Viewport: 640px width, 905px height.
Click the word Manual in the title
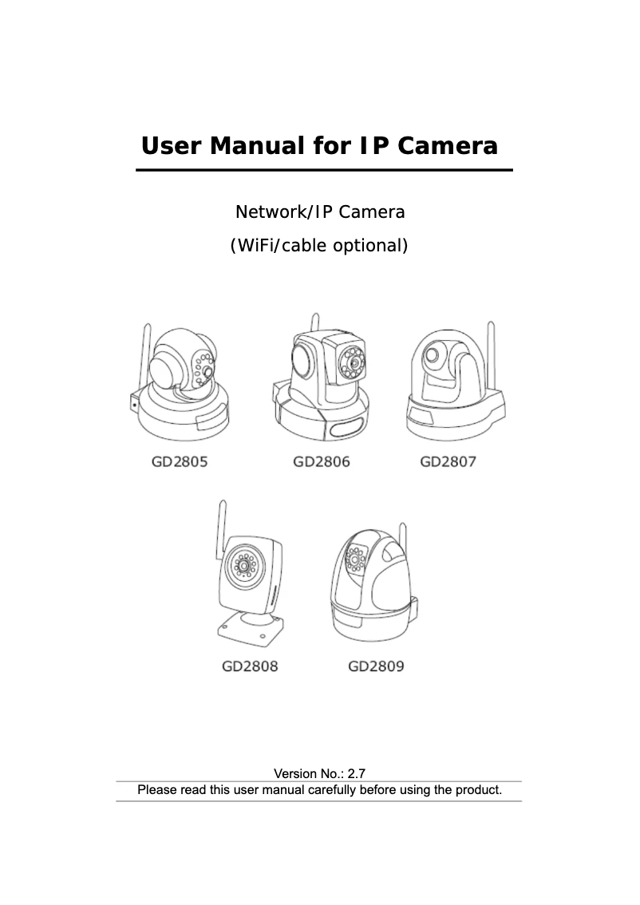(x=257, y=145)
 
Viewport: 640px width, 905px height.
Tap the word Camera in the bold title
(x=447, y=145)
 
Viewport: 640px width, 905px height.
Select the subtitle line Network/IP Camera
(x=320, y=211)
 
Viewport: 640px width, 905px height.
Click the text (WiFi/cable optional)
(x=319, y=245)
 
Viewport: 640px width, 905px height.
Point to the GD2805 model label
(x=180, y=462)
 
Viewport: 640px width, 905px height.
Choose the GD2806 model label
(x=322, y=462)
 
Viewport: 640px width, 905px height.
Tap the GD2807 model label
(x=448, y=462)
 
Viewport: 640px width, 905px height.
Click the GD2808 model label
(x=250, y=666)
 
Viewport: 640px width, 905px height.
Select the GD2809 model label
(x=376, y=666)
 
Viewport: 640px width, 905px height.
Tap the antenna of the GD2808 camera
(x=221, y=529)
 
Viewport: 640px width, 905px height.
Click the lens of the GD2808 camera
(x=245, y=566)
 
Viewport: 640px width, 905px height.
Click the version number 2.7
(x=356, y=773)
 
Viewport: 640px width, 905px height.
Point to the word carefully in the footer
(x=332, y=790)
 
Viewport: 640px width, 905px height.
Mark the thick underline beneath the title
(x=324, y=170)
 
